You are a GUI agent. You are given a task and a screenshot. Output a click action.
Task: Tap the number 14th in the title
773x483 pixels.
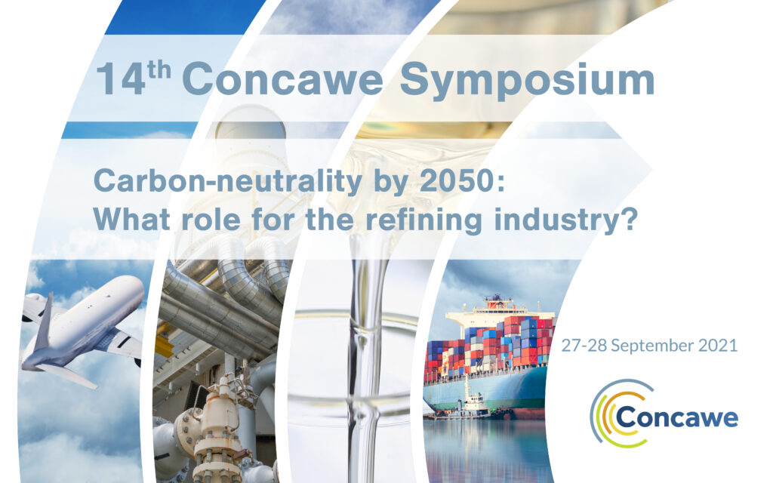coord(133,78)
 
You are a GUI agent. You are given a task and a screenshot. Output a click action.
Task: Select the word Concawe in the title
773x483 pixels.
coord(282,78)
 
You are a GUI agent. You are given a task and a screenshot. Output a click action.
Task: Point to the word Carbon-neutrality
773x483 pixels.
coord(228,181)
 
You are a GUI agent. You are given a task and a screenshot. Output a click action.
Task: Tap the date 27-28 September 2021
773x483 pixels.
coord(649,345)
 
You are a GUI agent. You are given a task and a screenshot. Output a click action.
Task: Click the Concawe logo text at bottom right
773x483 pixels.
coord(677,417)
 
